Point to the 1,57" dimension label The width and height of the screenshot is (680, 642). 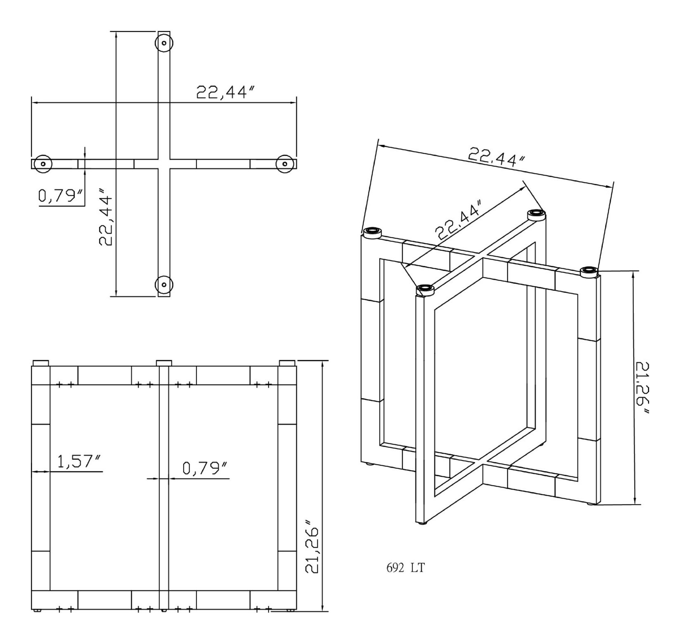(80, 462)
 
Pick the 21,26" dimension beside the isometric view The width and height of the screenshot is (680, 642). (642, 389)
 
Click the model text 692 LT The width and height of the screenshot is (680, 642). (406, 568)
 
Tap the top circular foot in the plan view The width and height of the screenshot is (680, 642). (164, 42)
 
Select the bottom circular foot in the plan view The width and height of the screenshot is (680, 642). (164, 284)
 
